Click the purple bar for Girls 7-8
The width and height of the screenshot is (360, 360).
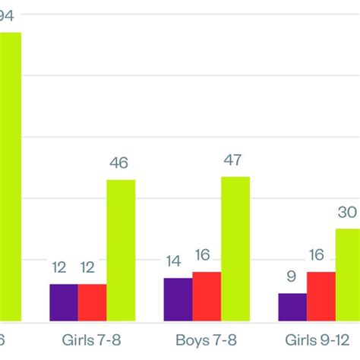(x=64, y=302)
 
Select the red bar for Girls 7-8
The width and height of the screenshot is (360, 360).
(x=92, y=302)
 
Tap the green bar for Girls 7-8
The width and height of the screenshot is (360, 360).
(x=121, y=250)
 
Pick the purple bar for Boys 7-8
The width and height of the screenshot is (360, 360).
(x=178, y=298)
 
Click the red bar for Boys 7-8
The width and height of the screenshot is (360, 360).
(x=207, y=295)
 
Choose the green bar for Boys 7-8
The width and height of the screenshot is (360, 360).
(x=235, y=248)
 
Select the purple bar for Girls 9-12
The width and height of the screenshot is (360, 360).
(x=292, y=306)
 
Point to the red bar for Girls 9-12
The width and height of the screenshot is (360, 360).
(x=321, y=295)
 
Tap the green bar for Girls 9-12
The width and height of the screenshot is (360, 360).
(x=348, y=274)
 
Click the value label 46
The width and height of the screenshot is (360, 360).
(x=119, y=163)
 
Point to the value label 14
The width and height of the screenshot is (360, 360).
(x=174, y=261)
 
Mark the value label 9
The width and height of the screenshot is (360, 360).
(x=292, y=276)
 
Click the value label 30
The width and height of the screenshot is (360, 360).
(x=348, y=213)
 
